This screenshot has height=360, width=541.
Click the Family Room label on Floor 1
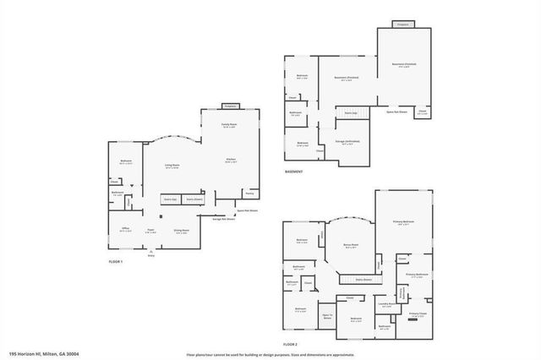pyautogui.click(x=229, y=124)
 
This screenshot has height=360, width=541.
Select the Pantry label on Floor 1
pyautogui.click(x=249, y=192)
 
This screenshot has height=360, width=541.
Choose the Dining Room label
pyautogui.click(x=181, y=230)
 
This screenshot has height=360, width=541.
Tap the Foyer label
pyautogui.click(x=150, y=230)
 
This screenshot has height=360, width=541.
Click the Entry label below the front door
pyautogui.click(x=151, y=255)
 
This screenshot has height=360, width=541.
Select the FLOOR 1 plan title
pyautogui.click(x=116, y=262)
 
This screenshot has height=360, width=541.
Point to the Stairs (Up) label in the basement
pyautogui.click(x=349, y=112)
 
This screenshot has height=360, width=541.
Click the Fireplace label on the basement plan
pyautogui.click(x=403, y=25)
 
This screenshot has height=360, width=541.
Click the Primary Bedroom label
pyautogui.click(x=403, y=222)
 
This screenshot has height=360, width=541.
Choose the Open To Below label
pyautogui.click(x=328, y=317)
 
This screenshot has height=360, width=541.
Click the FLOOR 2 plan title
pyautogui.click(x=291, y=345)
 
